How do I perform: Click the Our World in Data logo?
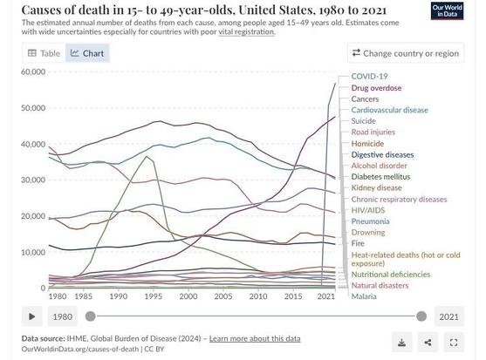pyautogui.click(x=447, y=11)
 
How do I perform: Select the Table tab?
pyautogui.click(x=44, y=53)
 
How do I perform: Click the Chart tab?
pyautogui.click(x=87, y=53)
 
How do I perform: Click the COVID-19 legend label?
pyautogui.click(x=369, y=76)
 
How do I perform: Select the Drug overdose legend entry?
pyautogui.click(x=376, y=88)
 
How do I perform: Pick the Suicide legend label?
pyautogui.click(x=363, y=121)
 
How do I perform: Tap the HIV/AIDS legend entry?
pyautogui.click(x=368, y=210)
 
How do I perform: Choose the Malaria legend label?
pyautogui.click(x=364, y=296)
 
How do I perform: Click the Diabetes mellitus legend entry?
pyautogui.click(x=380, y=177)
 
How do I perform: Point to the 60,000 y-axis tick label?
pyautogui.click(x=33, y=71)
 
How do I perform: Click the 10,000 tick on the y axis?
pyautogui.click(x=33, y=252)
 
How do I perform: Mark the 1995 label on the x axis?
pyautogui.click(x=154, y=296)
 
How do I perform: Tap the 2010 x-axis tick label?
pyautogui.click(x=258, y=296)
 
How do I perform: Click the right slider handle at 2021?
pyautogui.click(x=421, y=316)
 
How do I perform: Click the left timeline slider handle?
pyautogui.click(x=90, y=316)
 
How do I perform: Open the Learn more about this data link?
pyautogui.click(x=255, y=338)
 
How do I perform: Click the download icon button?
pyautogui.click(x=401, y=343)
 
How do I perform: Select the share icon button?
pyautogui.click(x=428, y=343)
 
